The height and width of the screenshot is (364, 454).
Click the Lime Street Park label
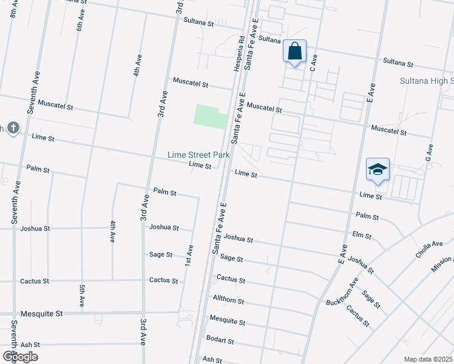[199, 155]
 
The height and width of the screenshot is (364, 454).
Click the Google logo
[19, 357]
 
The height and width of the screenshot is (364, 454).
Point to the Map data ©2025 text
[428, 359]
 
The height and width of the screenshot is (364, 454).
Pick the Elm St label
[361, 234]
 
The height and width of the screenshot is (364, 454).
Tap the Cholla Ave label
[429, 249]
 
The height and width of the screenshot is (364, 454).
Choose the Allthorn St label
[228, 300]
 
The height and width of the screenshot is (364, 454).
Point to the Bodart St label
[220, 341]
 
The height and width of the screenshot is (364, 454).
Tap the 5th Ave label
[82, 294]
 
